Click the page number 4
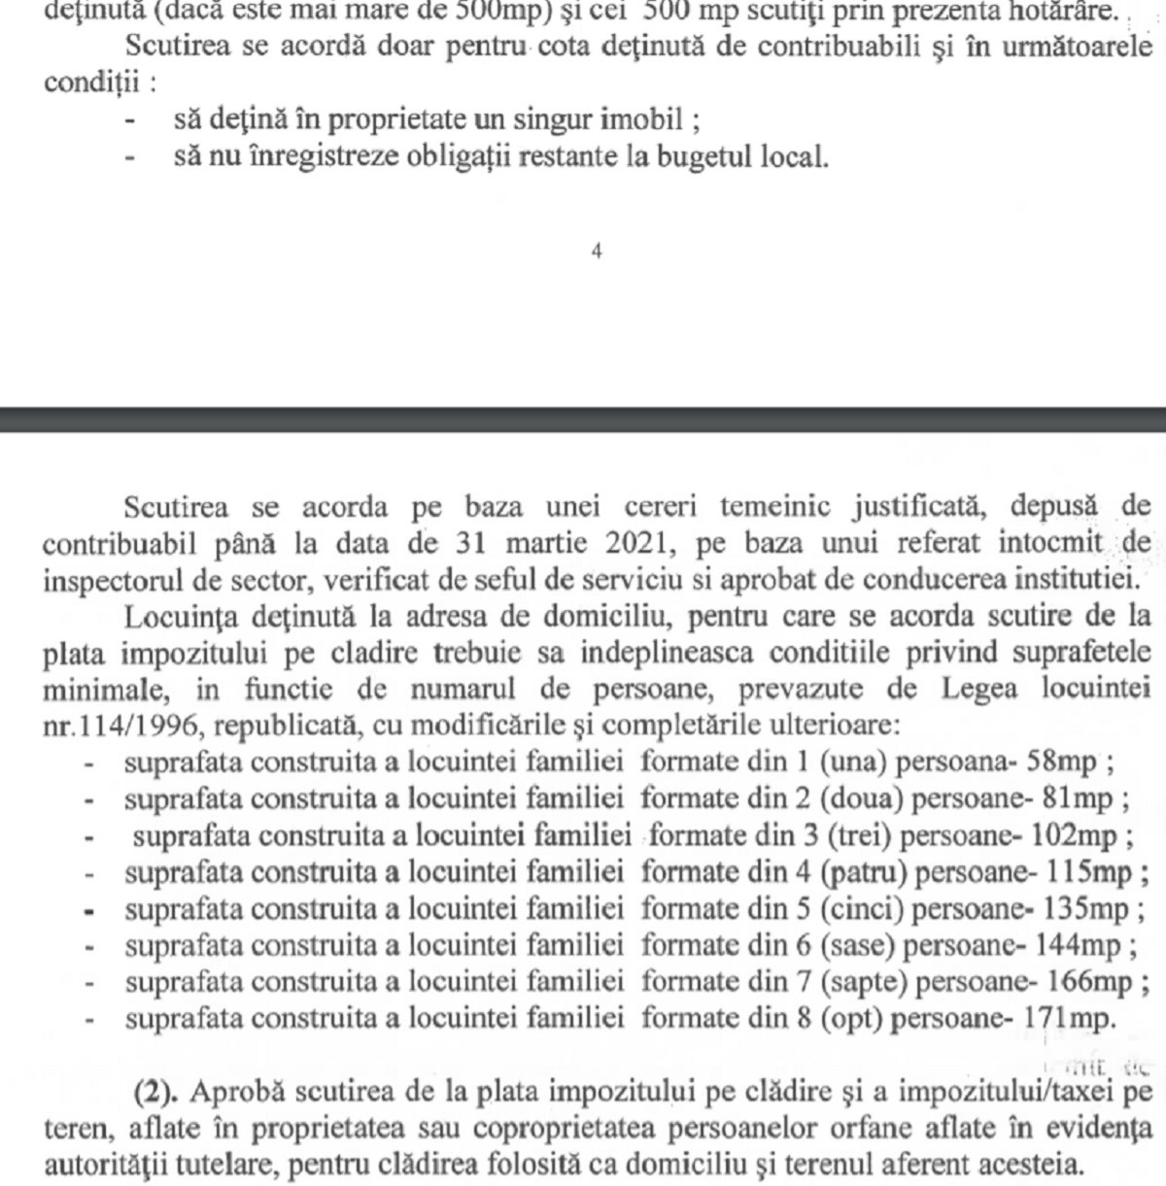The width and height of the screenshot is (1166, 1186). [596, 251]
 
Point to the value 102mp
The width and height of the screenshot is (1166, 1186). [1085, 835]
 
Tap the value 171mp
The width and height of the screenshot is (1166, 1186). [1070, 1020]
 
